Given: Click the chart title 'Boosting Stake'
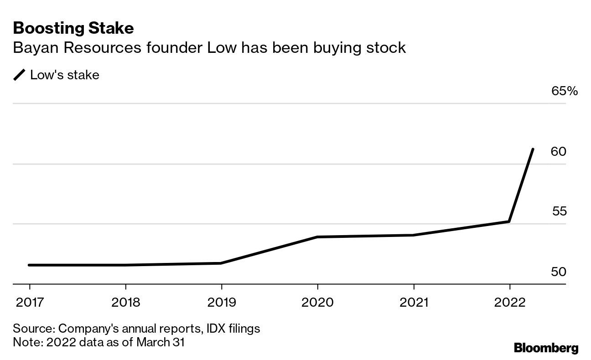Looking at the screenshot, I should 73,28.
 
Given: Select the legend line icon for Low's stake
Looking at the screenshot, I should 20,75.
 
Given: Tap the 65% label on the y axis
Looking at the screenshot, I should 565,91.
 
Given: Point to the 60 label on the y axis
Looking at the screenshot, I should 559,151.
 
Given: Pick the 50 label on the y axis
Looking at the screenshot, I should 559,272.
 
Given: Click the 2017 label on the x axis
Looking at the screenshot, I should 30,302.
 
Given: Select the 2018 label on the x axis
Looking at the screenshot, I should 125,302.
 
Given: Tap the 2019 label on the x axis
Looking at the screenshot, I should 222,302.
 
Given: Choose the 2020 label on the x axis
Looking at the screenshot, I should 318,302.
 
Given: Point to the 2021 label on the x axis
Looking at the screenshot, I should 414,302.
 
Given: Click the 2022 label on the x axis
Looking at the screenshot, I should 510,302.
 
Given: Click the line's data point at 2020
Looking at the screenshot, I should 318,237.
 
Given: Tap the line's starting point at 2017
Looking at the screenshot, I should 30,265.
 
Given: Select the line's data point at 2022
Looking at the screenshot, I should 509,221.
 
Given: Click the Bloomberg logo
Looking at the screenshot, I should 546,348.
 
